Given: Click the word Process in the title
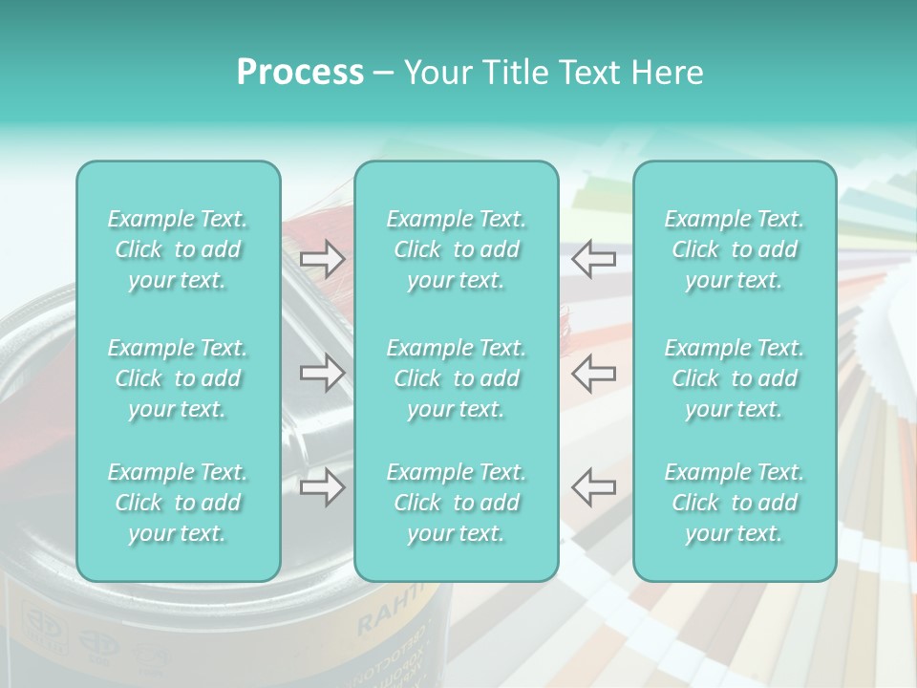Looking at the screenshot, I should (x=300, y=73).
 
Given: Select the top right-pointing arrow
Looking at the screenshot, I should (x=322, y=258).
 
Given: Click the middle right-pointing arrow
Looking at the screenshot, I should (x=322, y=373).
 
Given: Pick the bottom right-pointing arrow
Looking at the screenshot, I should (x=322, y=488).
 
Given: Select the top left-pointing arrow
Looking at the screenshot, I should (x=593, y=258).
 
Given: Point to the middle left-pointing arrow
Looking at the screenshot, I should (x=593, y=373).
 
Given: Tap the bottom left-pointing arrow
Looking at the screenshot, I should (x=593, y=486).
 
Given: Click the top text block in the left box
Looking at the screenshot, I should (x=178, y=249).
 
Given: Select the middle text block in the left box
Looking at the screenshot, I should (x=178, y=378).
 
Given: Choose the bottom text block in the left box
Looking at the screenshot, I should (x=178, y=503).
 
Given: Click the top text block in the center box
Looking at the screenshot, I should (x=456, y=249).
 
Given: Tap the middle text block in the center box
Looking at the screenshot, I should (x=456, y=378).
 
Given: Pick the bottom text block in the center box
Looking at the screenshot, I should (x=456, y=503).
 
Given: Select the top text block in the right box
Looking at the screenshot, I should (x=735, y=249).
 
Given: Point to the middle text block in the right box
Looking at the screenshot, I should (x=735, y=378).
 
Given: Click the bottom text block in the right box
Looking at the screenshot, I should (x=735, y=503).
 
